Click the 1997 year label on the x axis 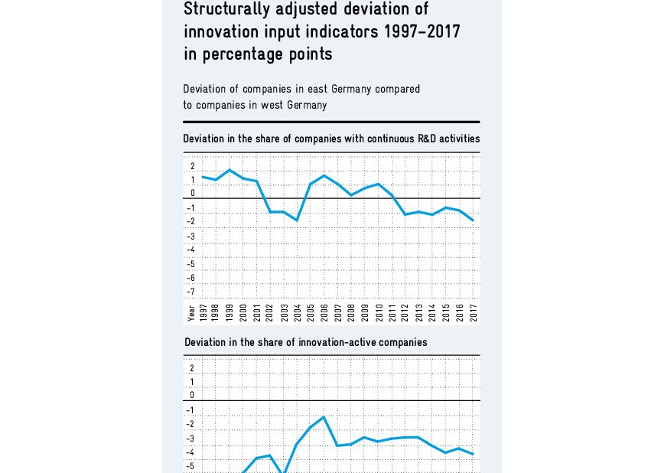(x=203, y=312)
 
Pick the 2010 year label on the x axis (x=378, y=312)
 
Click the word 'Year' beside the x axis (x=190, y=312)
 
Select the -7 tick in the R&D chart (x=191, y=292)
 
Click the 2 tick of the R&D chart (x=193, y=166)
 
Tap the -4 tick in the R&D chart (x=191, y=250)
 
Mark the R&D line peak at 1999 (x=229, y=170)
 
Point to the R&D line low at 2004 (x=297, y=220)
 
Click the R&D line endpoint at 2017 (x=473, y=220)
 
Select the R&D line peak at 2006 (x=324, y=176)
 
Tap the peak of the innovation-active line (x=324, y=417)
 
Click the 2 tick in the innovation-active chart (x=193, y=368)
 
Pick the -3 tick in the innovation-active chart (x=191, y=439)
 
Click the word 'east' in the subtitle (x=288, y=89)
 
